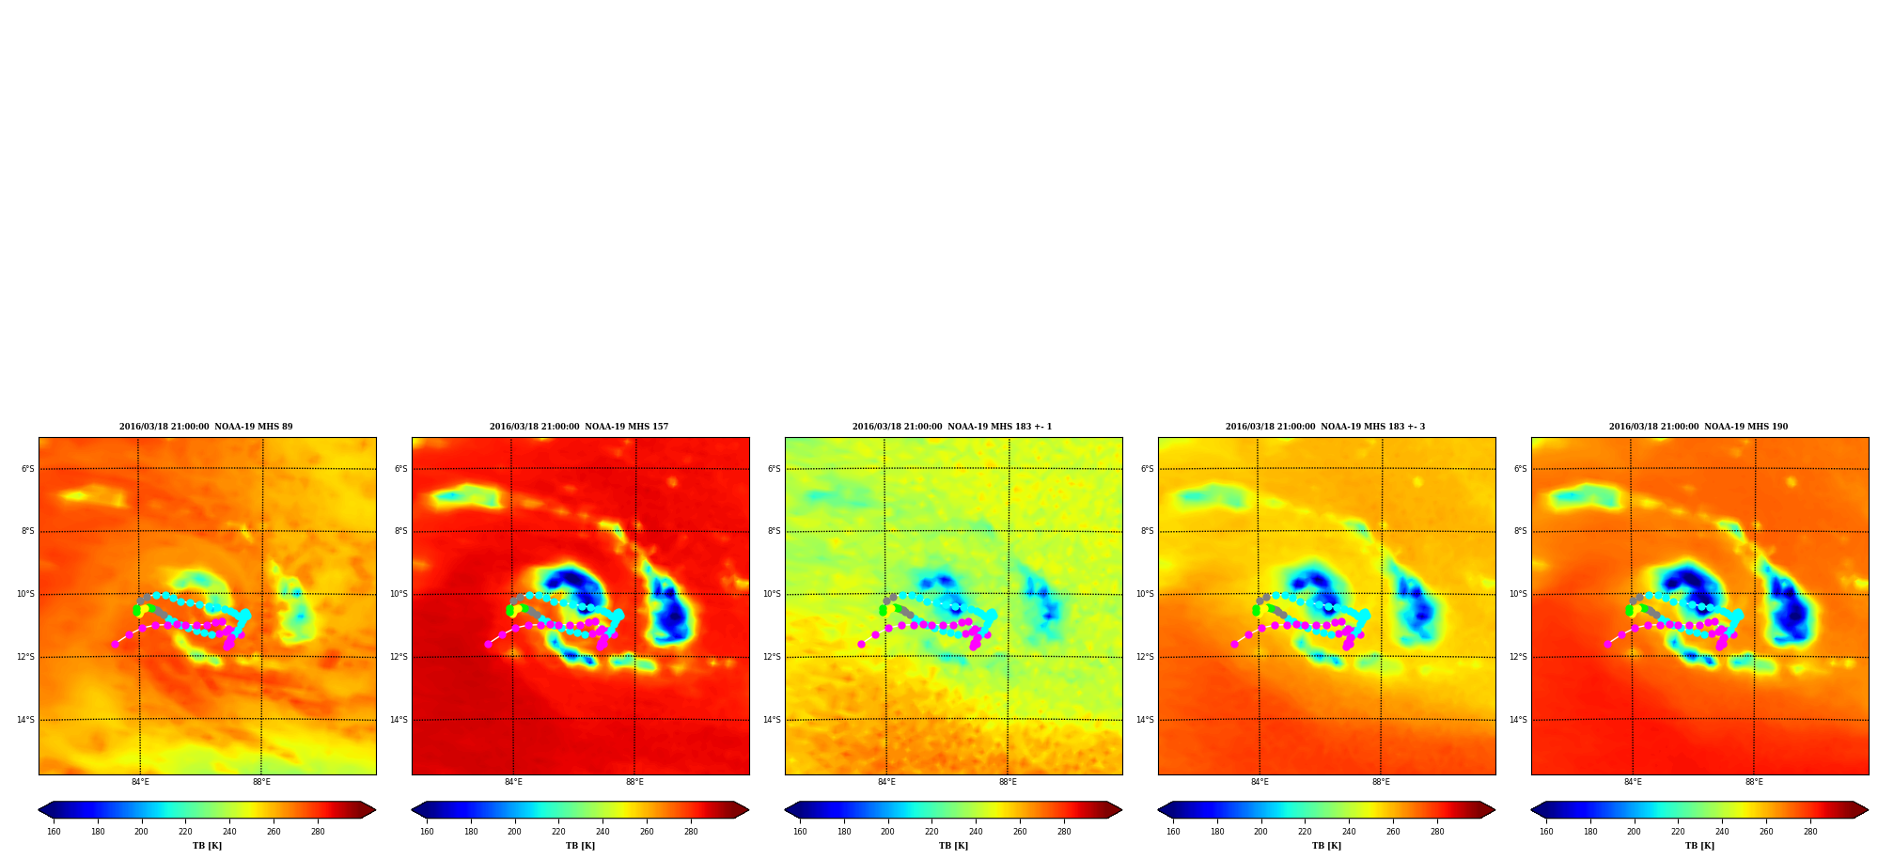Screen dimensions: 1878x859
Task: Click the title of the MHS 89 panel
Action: tap(206, 427)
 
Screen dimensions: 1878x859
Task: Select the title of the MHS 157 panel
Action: tap(579, 427)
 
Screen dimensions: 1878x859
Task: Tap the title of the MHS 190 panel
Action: tap(1698, 427)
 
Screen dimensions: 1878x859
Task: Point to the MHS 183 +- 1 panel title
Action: tap(952, 427)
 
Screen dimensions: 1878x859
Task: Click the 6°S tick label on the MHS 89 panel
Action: tap(28, 469)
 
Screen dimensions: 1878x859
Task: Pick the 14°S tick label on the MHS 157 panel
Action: tap(399, 720)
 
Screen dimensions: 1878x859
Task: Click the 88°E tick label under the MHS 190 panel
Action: tap(1754, 782)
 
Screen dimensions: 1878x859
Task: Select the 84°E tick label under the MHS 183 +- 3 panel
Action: tap(1260, 782)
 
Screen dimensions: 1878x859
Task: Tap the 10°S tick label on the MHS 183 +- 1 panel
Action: tap(773, 594)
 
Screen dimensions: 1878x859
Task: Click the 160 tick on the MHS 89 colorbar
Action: tap(54, 832)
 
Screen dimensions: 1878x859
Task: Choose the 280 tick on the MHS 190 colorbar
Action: tap(1810, 832)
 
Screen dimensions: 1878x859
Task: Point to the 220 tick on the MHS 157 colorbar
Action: tap(558, 832)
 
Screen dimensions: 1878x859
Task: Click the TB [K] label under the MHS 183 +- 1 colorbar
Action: tap(953, 846)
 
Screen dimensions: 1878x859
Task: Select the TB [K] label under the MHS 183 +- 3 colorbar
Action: tap(1326, 846)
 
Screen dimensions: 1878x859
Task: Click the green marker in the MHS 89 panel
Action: tap(137, 611)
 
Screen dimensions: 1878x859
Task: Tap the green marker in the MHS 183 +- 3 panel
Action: tap(1257, 611)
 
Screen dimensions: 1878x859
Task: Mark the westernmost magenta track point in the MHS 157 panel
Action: tap(489, 644)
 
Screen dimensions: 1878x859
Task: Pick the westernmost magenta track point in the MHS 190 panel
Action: tap(1608, 644)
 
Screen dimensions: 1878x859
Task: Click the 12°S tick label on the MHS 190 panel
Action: tap(1519, 657)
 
